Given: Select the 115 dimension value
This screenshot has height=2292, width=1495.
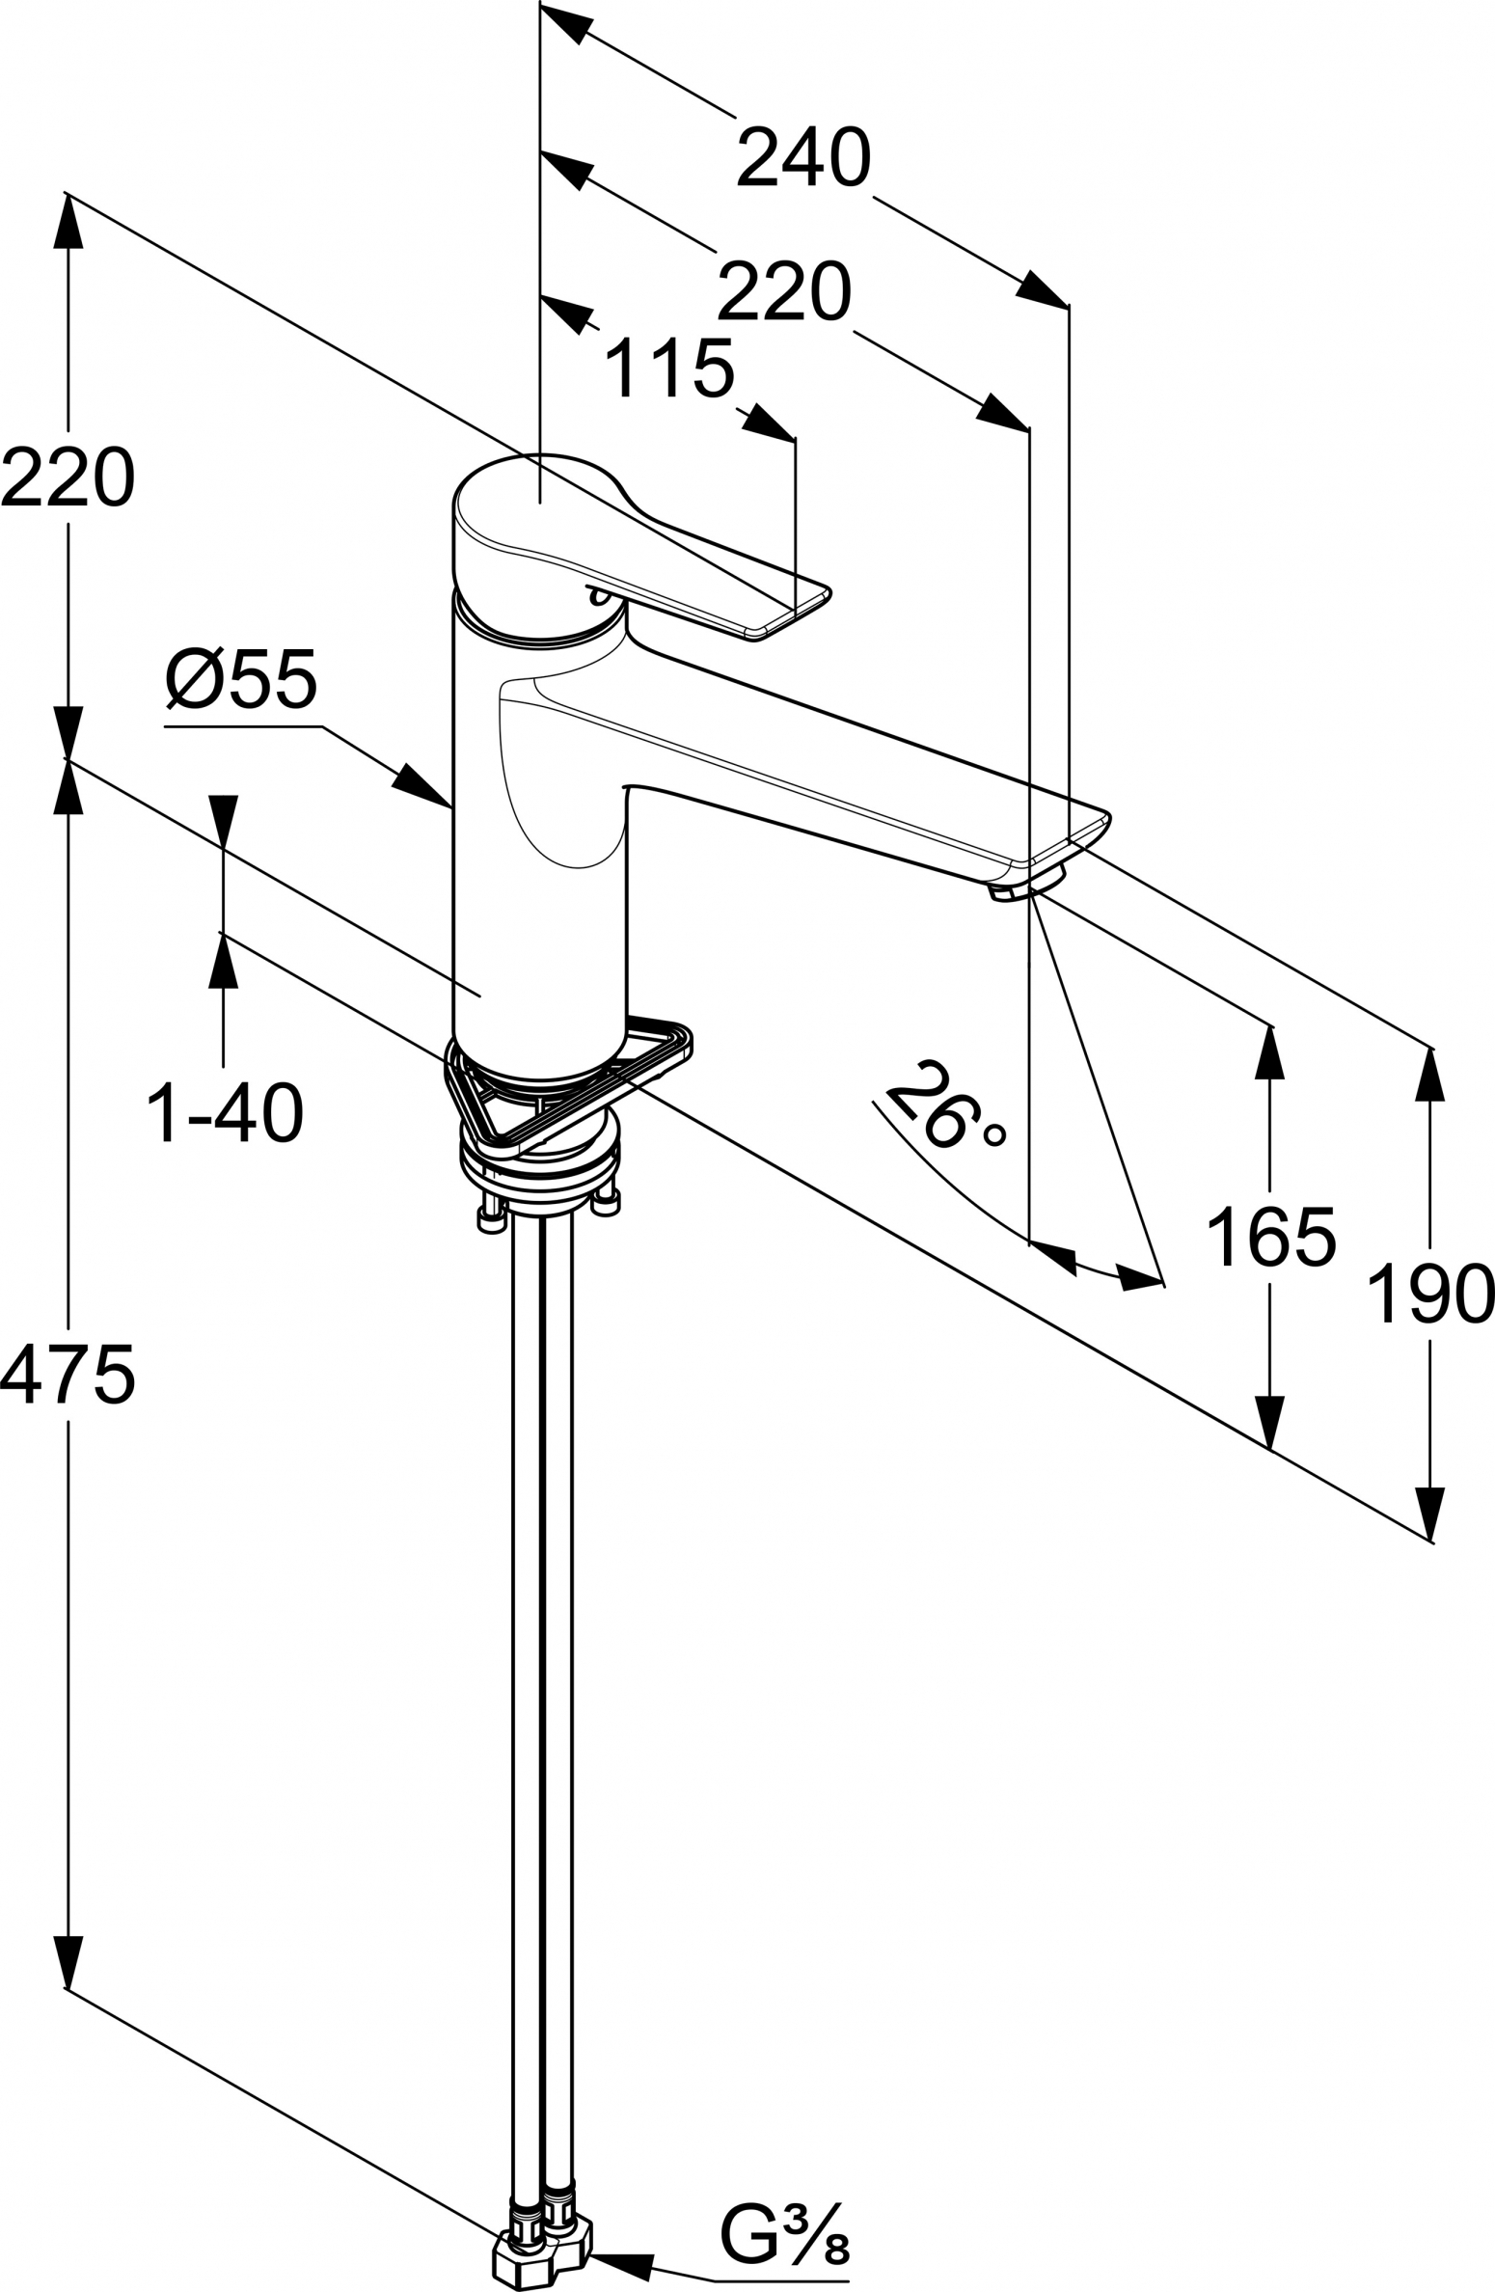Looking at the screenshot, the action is point(669,366).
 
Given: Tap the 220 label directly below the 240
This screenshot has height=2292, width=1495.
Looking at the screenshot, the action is point(784,291).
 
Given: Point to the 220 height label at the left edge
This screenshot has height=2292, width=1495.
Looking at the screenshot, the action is point(68,477).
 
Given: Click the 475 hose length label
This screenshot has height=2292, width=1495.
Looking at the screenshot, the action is point(68,1375).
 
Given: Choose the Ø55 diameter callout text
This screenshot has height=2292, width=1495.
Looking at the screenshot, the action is point(241,677).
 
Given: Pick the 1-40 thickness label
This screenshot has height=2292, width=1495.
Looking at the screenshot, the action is point(225,1112).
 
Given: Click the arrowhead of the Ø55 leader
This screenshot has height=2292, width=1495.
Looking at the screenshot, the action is point(421,785).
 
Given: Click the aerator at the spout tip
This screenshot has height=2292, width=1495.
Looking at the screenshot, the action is point(1024,884).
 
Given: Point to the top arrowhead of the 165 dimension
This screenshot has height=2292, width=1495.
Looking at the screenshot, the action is point(1269,1052).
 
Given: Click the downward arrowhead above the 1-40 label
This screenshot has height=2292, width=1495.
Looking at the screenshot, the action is point(224,823).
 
